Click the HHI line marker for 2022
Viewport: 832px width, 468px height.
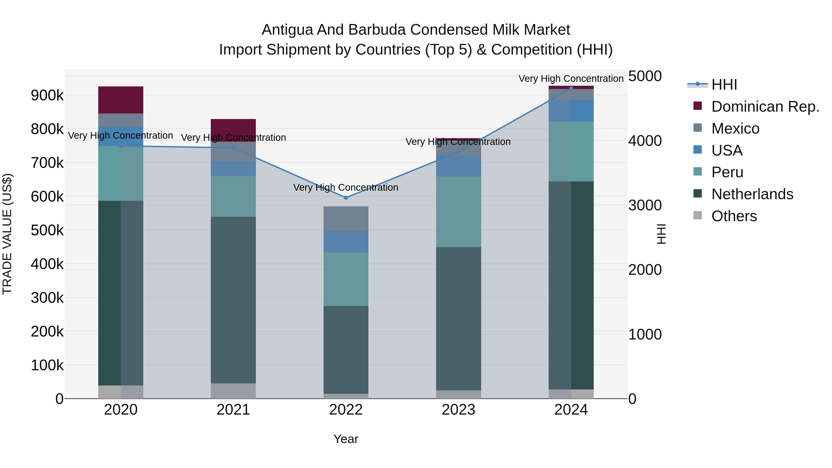pyautogui.click(x=346, y=198)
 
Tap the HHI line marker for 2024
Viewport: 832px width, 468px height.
pyautogui.click(x=571, y=88)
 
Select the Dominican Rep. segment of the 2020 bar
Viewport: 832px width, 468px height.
pyautogui.click(x=121, y=100)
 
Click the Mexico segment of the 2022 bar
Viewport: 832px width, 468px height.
pyautogui.click(x=346, y=219)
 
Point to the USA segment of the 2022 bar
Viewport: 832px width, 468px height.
pyautogui.click(x=346, y=242)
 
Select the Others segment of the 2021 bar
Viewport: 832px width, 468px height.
pyautogui.click(x=233, y=391)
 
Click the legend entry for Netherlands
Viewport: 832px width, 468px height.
pyautogui.click(x=752, y=194)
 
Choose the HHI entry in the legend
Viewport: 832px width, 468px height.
pyautogui.click(x=724, y=85)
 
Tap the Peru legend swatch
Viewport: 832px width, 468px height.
pyautogui.click(x=698, y=171)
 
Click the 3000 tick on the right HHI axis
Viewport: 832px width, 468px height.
pyautogui.click(x=645, y=205)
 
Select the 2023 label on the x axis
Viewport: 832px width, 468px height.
pyautogui.click(x=458, y=410)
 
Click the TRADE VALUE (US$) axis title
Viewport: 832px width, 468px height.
pyautogui.click(x=7, y=234)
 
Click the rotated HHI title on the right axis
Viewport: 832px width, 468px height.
pyautogui.click(x=661, y=234)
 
